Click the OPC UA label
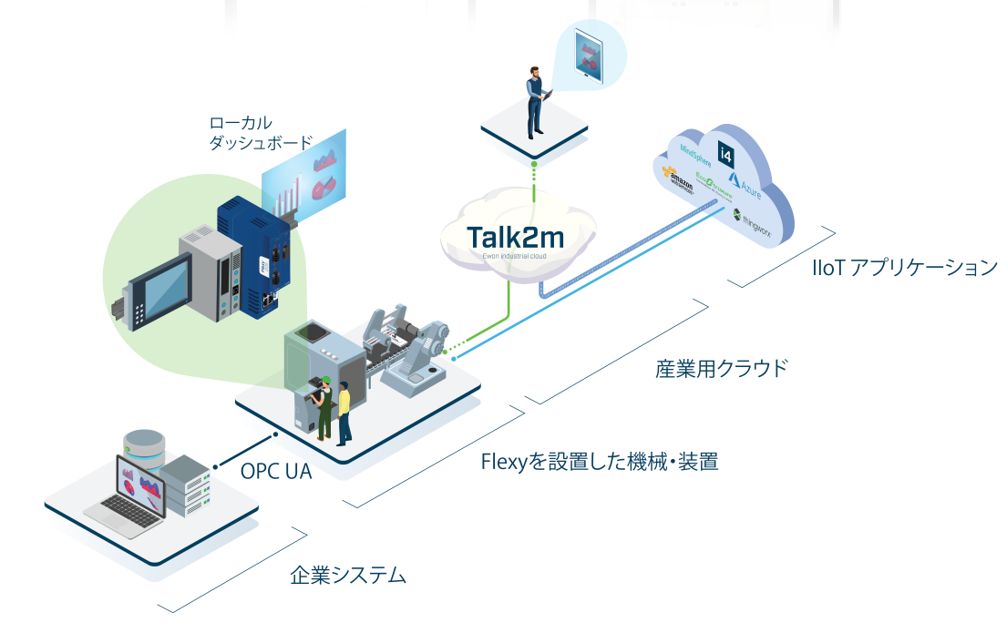(270, 472)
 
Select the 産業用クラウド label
(721, 369)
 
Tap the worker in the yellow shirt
(344, 413)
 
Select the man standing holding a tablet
(535, 100)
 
